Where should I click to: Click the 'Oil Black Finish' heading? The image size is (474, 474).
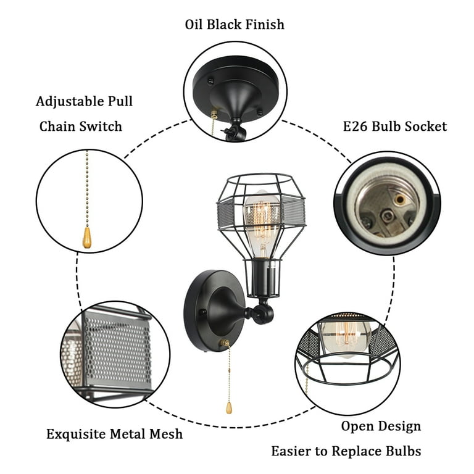(235, 25)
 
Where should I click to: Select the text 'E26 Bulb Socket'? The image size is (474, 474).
(394, 127)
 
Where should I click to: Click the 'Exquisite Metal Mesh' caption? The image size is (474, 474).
(114, 434)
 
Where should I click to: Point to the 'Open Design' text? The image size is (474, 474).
(381, 426)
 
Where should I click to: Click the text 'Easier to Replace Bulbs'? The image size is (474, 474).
(346, 451)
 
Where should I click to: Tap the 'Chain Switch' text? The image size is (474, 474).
(80, 127)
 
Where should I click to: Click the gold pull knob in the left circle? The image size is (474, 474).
(87, 237)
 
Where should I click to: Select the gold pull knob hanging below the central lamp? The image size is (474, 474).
(229, 408)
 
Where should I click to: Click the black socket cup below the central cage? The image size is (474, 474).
(262, 278)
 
